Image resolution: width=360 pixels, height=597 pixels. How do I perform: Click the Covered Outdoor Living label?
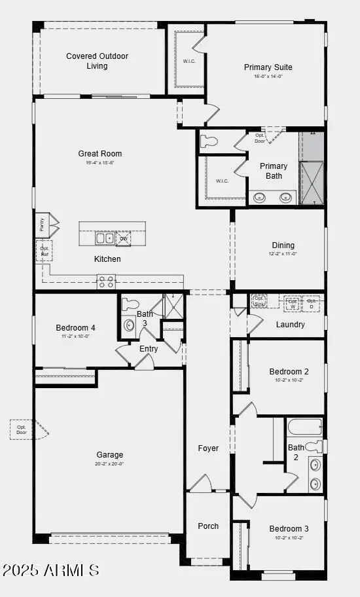coord(97,61)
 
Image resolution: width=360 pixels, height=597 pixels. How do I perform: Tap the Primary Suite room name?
coord(268,67)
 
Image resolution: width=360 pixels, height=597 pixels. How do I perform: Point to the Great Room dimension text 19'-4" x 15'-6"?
coord(100,163)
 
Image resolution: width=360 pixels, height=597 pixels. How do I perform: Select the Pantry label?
coord(41,224)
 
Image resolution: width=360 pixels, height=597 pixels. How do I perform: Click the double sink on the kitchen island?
coord(105,238)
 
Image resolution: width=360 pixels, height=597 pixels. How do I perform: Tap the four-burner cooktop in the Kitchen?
coord(106,282)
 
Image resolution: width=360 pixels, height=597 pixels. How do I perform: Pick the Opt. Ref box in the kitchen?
coord(45,250)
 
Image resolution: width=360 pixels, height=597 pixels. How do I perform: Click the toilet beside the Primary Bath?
coord(209,141)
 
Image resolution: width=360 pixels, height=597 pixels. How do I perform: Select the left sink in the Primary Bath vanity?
coord(259,197)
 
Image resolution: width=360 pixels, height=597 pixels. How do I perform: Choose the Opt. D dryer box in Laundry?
coord(312,303)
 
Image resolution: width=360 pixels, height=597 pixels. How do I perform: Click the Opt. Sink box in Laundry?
coord(259,300)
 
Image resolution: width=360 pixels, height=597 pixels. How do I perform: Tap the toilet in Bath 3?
coord(130,304)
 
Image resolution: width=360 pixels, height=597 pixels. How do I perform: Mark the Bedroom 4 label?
coord(75,327)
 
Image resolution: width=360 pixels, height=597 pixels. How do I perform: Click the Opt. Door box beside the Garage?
coord(22,429)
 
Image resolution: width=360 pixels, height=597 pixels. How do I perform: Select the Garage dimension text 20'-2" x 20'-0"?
coord(109,463)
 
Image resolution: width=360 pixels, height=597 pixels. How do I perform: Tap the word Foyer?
coord(208,448)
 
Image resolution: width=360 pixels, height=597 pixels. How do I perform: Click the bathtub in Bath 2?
coord(304,427)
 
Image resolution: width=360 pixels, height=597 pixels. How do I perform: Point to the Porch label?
coord(208,526)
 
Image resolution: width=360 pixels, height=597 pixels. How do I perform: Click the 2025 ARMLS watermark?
coord(50,570)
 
